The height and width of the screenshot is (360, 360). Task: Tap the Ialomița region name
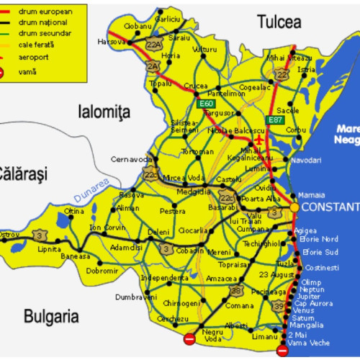(x=103, y=110)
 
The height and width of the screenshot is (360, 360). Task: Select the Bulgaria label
(x=50, y=315)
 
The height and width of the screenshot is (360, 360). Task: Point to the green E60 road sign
(x=206, y=104)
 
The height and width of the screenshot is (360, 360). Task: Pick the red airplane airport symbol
(x=260, y=138)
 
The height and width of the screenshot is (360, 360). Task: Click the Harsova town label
(x=112, y=42)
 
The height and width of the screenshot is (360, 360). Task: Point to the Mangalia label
(x=305, y=325)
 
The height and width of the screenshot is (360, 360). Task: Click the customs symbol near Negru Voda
(x=189, y=338)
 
